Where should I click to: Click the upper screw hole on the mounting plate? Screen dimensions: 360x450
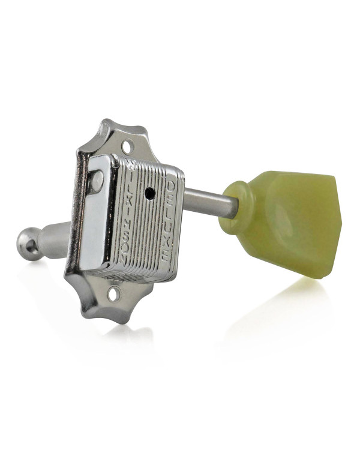[128, 146]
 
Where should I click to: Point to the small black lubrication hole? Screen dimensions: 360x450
[151, 194]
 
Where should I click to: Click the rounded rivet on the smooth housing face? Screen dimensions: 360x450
[97, 181]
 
